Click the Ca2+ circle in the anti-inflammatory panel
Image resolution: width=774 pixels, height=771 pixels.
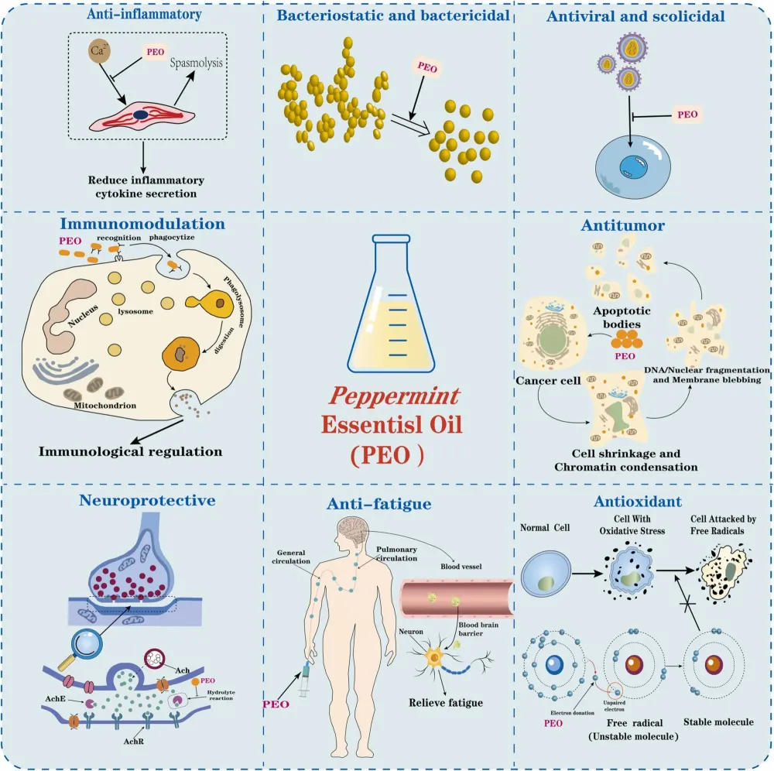pos(99,50)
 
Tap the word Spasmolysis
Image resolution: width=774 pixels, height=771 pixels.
pos(196,63)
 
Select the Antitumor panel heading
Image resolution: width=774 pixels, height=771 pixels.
pos(622,225)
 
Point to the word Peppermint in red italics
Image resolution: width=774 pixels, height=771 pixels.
pos(394,396)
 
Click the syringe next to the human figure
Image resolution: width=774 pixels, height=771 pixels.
pos(305,677)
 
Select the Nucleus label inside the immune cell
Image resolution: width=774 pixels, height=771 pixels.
pos(83,315)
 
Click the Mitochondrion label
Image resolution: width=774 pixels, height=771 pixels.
pos(104,406)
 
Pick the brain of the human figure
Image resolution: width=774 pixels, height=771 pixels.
pos(352,529)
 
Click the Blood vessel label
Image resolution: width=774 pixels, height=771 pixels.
pos(461,566)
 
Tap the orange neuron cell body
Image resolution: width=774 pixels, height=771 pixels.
pos(434,657)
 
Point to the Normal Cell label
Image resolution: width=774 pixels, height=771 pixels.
pos(544,528)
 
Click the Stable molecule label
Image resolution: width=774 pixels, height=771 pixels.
pos(718,721)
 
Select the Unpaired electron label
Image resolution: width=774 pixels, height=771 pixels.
pos(614,706)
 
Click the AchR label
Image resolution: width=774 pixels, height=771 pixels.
pos(133,741)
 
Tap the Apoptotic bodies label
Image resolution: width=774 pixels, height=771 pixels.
pos(622,317)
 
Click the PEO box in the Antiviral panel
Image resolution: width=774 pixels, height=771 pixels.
pos(687,115)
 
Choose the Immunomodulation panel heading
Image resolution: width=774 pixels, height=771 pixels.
pos(142,224)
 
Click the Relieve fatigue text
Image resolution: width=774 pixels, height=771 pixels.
pos(446,702)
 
